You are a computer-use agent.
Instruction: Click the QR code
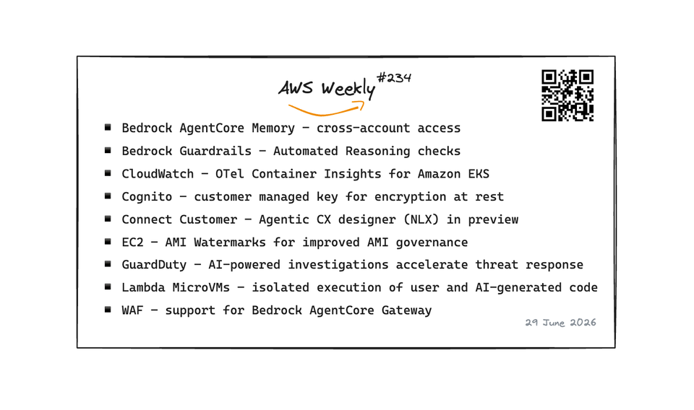click(x=567, y=95)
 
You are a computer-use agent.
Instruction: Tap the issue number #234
click(x=394, y=78)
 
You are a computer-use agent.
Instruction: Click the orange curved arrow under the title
click(x=326, y=109)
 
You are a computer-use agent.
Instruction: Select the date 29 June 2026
click(x=560, y=323)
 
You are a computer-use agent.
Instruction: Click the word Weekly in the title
click(x=348, y=89)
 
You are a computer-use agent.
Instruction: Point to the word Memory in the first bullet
click(x=273, y=128)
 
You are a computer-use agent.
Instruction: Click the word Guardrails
click(x=215, y=151)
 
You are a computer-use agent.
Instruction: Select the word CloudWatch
click(x=158, y=174)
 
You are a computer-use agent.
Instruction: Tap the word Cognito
click(x=147, y=197)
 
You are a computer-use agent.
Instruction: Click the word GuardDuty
click(x=154, y=265)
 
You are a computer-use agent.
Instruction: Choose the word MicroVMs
click(x=201, y=287)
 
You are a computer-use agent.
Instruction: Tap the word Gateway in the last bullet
click(x=406, y=310)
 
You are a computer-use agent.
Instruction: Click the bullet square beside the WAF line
click(x=108, y=310)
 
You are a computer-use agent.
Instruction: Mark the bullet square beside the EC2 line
click(x=108, y=241)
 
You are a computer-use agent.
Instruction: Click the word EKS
click(x=479, y=174)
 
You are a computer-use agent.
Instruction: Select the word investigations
click(x=338, y=265)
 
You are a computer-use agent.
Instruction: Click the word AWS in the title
click(x=296, y=88)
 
